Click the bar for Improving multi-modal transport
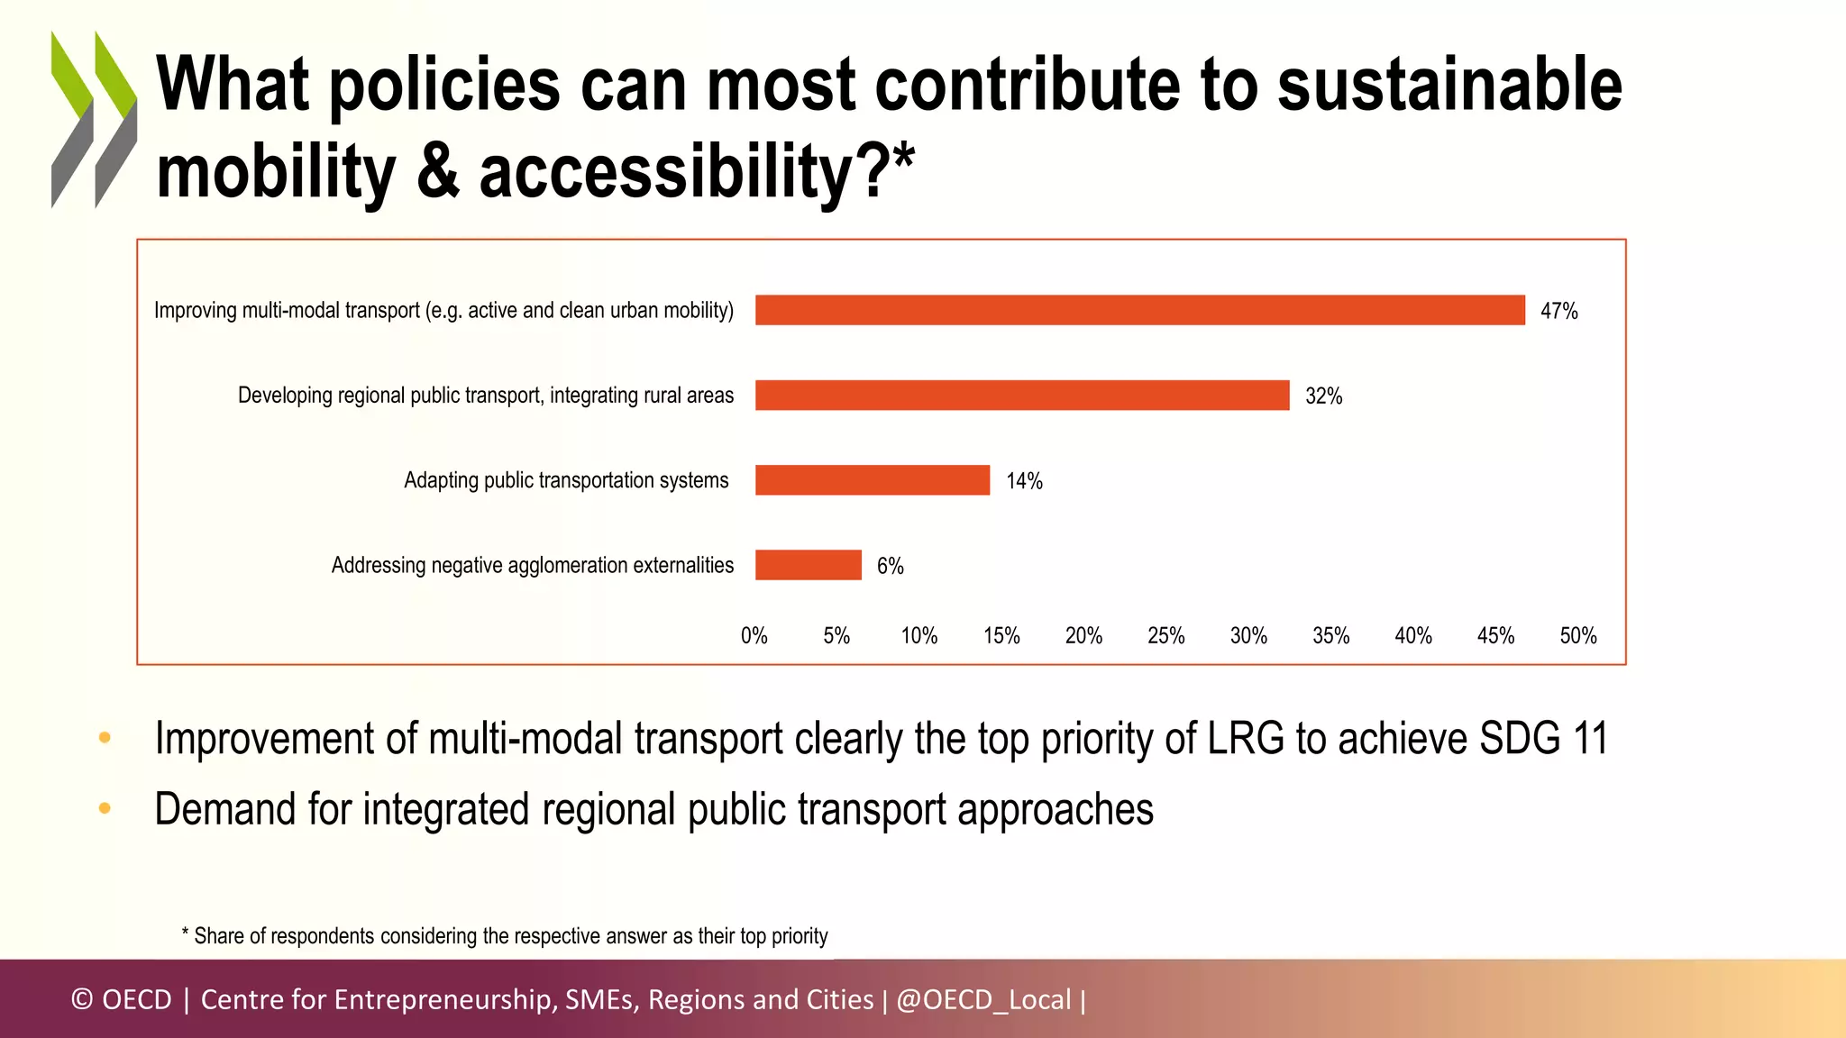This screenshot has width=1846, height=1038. click(x=1139, y=310)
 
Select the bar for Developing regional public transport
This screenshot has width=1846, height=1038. click(x=1022, y=395)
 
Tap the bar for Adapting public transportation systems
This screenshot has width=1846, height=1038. click(x=873, y=480)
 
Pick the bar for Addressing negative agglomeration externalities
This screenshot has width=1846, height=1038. click(x=809, y=565)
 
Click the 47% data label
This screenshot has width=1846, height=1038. click(x=1558, y=311)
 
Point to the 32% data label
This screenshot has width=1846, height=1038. click(x=1323, y=396)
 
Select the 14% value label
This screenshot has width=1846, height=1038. click(x=1024, y=481)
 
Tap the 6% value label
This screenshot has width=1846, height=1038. click(x=890, y=566)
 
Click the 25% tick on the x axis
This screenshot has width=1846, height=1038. click(x=1165, y=636)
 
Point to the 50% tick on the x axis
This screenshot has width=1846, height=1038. click(x=1577, y=636)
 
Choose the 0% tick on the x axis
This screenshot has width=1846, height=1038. click(x=754, y=636)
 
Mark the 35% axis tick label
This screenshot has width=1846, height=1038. click(x=1330, y=636)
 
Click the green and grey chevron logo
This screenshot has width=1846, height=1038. click(x=94, y=120)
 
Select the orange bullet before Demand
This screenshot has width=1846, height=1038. click(x=105, y=808)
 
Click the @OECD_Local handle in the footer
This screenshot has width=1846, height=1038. click(x=983, y=999)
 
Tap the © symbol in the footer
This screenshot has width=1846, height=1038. click(x=82, y=999)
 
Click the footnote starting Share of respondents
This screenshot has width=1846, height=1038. click(x=505, y=936)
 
